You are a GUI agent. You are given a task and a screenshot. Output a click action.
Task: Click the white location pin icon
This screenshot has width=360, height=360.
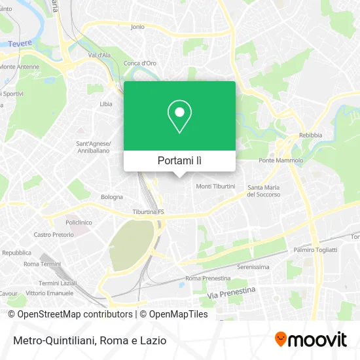179,116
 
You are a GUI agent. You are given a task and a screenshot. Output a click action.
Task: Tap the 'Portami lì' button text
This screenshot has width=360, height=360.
179,160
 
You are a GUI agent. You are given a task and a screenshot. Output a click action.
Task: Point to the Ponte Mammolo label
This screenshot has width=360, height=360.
281,160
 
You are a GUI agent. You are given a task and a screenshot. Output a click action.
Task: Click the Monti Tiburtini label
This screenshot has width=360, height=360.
215,187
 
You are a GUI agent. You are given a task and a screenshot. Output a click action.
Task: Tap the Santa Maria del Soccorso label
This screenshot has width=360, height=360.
264,191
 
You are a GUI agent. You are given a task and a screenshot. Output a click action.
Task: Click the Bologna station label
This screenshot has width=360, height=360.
112,196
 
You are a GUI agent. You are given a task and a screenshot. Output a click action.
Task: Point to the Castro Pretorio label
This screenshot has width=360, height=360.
54,234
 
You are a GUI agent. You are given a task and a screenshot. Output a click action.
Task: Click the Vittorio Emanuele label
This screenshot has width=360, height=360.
49,293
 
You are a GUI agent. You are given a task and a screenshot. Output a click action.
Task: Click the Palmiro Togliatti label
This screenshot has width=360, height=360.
315,250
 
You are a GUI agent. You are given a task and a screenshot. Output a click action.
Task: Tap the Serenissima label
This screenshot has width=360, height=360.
253,267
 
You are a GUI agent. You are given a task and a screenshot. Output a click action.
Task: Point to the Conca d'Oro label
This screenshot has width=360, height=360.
139,63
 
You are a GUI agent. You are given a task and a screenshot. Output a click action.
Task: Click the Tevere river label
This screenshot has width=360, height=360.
20,44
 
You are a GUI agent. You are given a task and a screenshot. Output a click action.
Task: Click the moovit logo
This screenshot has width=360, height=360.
310,340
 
